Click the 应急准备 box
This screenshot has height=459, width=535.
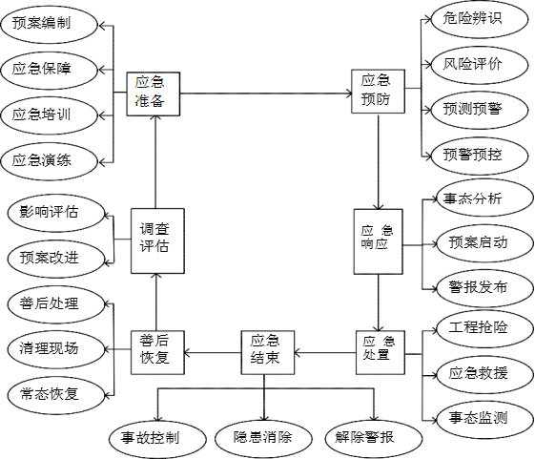(x=154, y=94)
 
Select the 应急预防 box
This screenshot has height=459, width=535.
(x=378, y=92)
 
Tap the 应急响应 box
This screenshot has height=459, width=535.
(x=378, y=241)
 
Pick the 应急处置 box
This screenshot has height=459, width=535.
(x=381, y=352)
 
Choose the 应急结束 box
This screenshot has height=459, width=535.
(x=267, y=352)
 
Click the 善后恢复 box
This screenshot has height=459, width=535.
(x=157, y=352)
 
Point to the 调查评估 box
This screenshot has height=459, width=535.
(x=157, y=241)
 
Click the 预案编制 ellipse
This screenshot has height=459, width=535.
(x=50, y=25)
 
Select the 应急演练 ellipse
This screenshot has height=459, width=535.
(x=50, y=161)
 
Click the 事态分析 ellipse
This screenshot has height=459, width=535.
(x=484, y=198)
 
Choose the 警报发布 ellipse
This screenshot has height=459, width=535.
(x=484, y=288)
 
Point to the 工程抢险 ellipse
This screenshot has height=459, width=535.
(x=484, y=329)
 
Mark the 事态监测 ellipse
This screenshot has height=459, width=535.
(x=484, y=419)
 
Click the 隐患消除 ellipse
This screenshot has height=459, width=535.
(x=263, y=438)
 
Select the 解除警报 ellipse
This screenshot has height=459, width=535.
(x=374, y=438)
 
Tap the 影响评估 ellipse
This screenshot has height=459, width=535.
(x=55, y=214)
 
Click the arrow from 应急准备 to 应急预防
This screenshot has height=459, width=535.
(x=266, y=94)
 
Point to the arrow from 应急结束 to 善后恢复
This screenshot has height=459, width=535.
(x=213, y=352)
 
